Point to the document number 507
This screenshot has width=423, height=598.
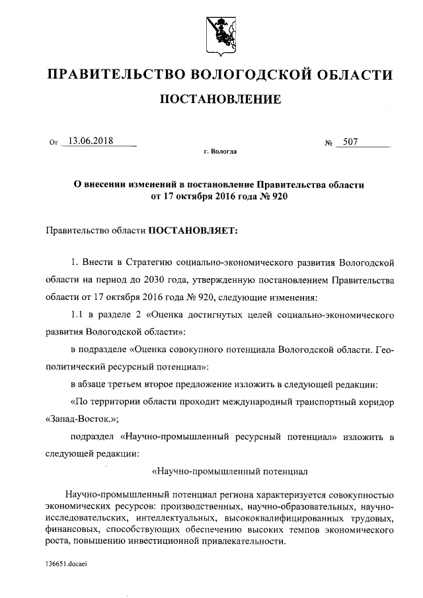[351, 141]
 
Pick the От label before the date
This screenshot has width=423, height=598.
[54, 142]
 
